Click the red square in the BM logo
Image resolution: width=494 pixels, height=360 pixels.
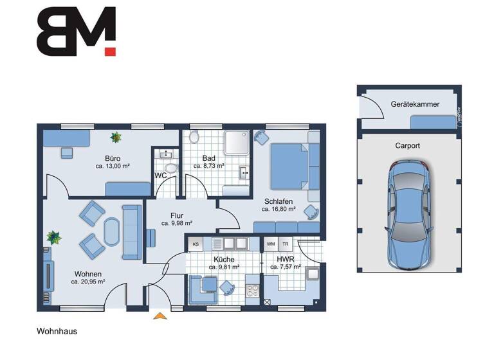tap(110, 51)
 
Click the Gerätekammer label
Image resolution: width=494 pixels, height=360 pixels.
tap(410, 104)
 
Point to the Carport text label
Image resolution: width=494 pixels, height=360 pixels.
tap(407, 146)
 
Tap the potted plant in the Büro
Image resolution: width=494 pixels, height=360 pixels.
tap(116, 137)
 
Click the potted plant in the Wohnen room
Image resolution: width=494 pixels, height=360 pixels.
tap(55, 238)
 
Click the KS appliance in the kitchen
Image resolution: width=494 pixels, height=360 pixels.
tap(196, 244)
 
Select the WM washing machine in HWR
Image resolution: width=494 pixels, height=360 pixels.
tap(271, 244)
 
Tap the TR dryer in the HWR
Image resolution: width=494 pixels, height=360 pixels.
tap(285, 244)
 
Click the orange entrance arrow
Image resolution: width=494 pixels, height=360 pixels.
tap(158, 315)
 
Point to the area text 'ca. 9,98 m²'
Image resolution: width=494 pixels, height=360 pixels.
tap(178, 224)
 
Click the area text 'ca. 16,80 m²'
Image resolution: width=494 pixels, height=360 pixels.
tap(279, 209)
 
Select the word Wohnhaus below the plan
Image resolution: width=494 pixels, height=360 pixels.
tap(57, 332)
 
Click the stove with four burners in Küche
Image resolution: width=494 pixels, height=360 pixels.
tap(252, 292)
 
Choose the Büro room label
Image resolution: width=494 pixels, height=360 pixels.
tap(113, 157)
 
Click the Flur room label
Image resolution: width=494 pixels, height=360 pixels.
tap(178, 215)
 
